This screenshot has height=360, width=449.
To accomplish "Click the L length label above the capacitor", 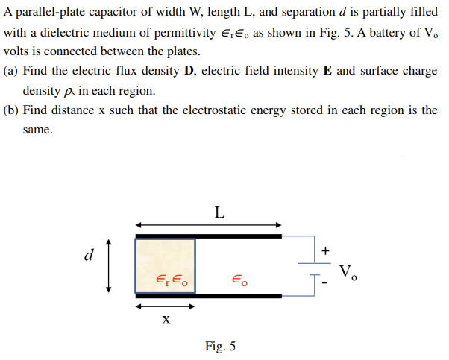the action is tap(218, 212).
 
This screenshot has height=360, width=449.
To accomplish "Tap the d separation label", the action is tap(90, 256).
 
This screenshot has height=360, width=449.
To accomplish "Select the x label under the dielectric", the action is tap(166, 320).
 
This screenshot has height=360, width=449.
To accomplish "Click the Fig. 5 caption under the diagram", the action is tap(221, 345).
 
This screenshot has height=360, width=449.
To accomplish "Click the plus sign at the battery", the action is tap(325, 251).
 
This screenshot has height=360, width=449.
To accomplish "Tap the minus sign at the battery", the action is tap(325, 283).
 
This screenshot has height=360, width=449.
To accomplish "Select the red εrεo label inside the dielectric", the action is tap(172, 280).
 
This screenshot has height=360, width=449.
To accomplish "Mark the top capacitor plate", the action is tap(209, 236).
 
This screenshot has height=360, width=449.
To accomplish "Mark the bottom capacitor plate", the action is tap(209, 296).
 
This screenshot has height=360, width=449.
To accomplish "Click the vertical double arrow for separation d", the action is tap(109, 265).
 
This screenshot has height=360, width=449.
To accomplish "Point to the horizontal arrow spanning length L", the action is tap(209, 224).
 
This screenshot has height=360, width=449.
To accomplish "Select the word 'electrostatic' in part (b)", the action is tap(236, 110).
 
